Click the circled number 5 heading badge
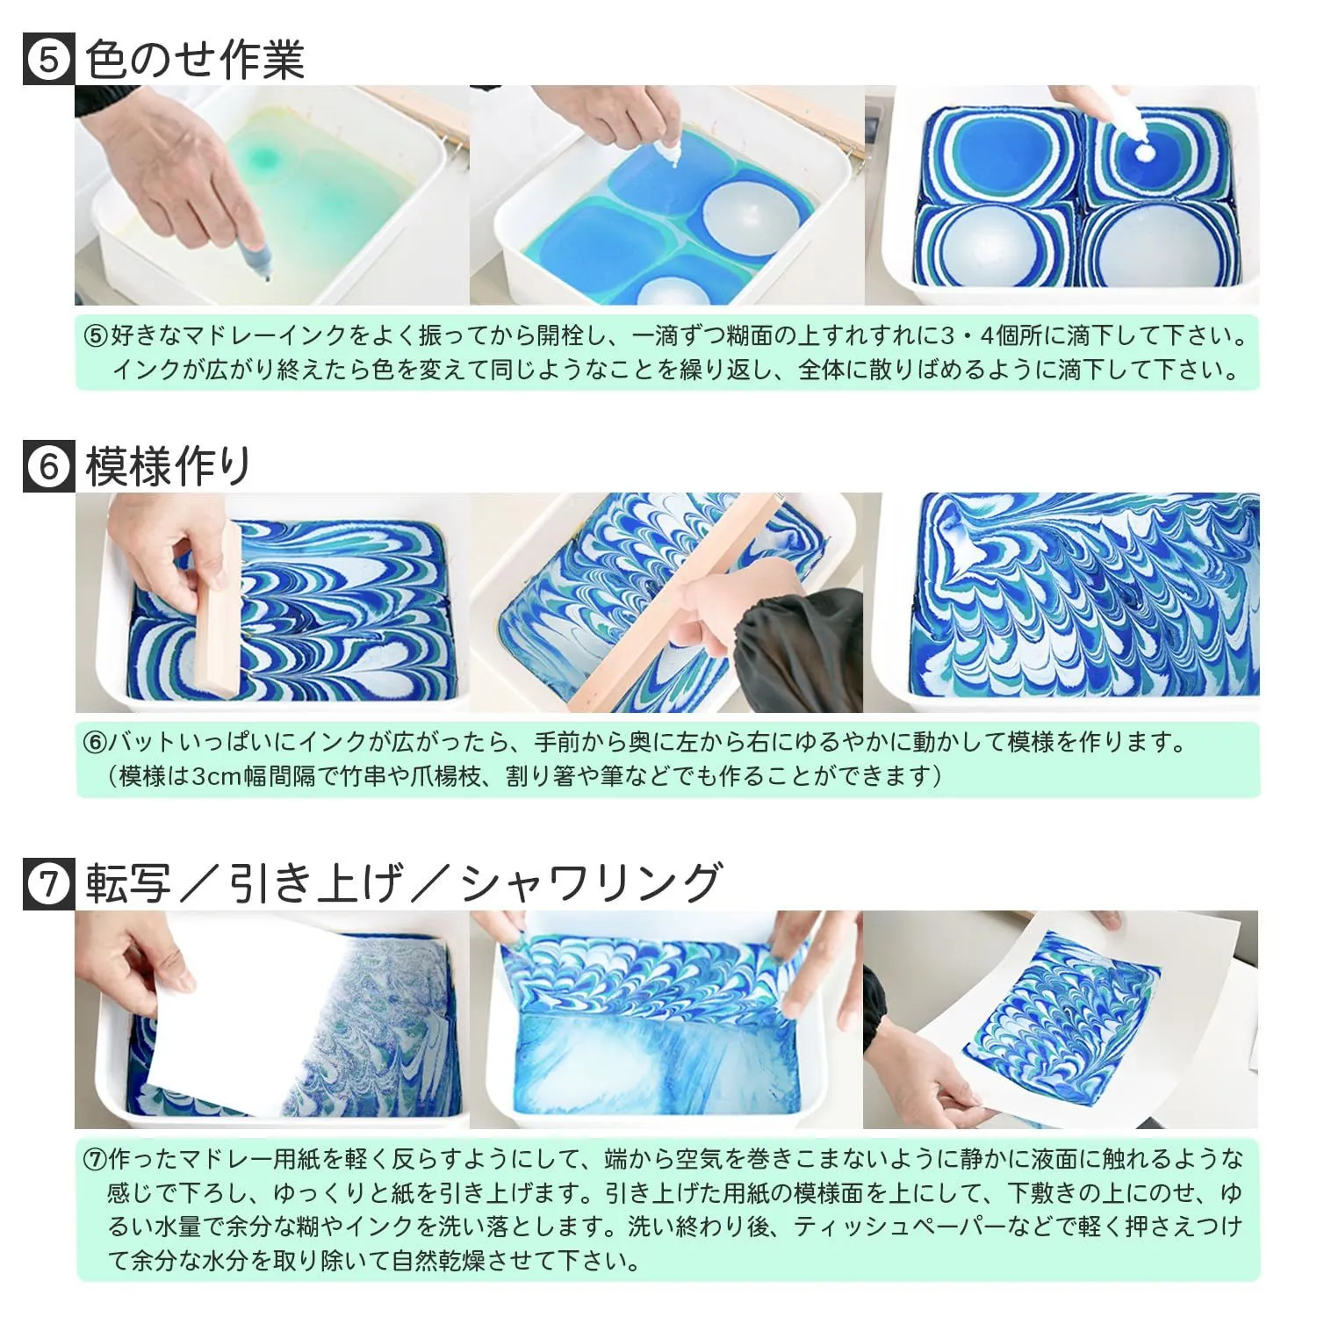pyautogui.click(x=48, y=61)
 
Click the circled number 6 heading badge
pyautogui.click(x=48, y=466)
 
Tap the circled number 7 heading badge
pyautogui.click(x=48, y=883)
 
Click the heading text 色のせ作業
pyautogui.click(x=195, y=61)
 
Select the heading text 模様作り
pyautogui.click(x=169, y=466)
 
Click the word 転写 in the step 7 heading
pyautogui.click(x=128, y=883)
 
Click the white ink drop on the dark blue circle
pyautogui.click(x=1145, y=152)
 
